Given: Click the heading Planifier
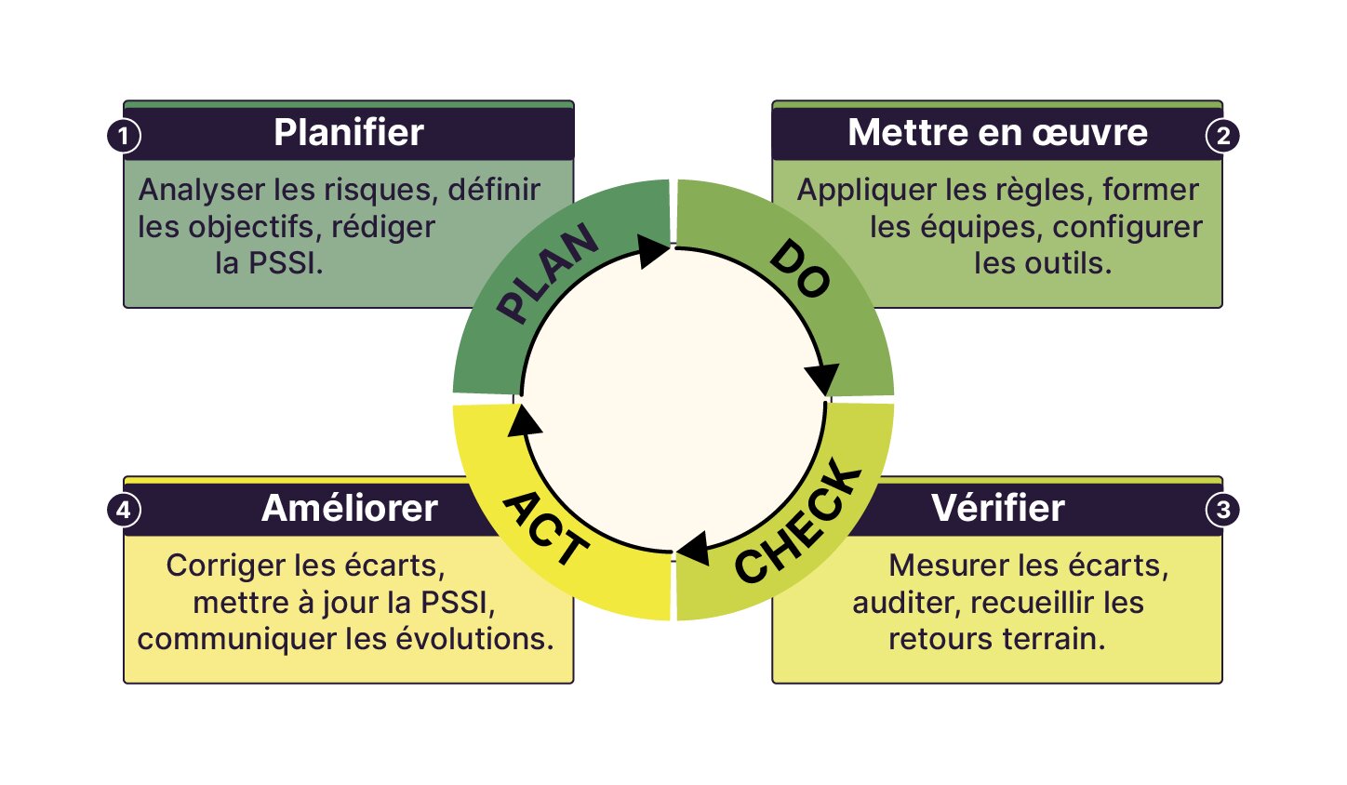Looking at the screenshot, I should [x=349, y=133].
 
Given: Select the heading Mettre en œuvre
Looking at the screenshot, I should [x=997, y=133].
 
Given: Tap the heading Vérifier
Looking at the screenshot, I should [x=997, y=508].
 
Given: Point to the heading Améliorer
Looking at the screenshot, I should [x=349, y=509].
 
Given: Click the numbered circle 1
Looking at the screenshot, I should [x=124, y=136].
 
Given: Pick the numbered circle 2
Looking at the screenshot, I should [x=1222, y=136].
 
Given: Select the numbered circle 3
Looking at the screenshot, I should [x=1222, y=510].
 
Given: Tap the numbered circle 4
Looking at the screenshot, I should [x=124, y=510].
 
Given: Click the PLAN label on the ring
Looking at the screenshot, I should [x=548, y=274].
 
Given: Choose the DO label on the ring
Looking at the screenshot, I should [x=799, y=270].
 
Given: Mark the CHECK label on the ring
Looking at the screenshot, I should [x=799, y=523].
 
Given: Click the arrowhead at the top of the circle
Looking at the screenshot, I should [x=653, y=250].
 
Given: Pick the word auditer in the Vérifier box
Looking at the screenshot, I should [x=906, y=603].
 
